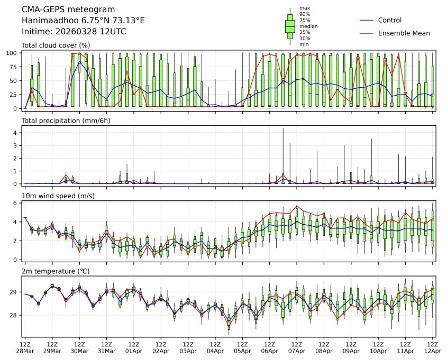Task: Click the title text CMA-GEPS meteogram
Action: point(61,10)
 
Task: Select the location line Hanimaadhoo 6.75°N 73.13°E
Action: point(83,21)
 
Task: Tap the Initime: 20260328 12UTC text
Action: point(74,32)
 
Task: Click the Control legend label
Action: point(390,20)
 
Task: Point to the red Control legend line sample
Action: point(367,20)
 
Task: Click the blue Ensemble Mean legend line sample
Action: point(367,33)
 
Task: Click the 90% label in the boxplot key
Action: point(305,14)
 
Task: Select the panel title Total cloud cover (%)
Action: point(56,45)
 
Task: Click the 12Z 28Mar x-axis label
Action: point(25,347)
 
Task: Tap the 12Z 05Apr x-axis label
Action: point(242,347)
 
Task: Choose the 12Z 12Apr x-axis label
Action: point(433,347)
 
